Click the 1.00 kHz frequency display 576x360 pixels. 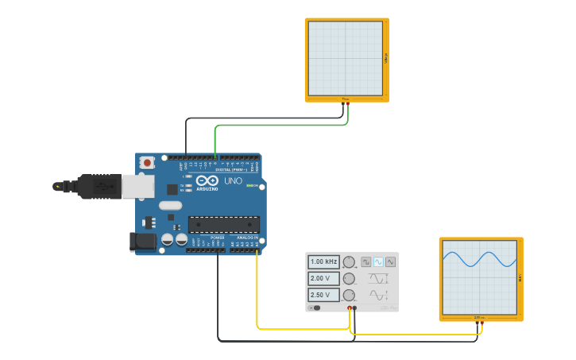323,261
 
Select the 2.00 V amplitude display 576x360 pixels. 323,278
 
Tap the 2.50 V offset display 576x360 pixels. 323,295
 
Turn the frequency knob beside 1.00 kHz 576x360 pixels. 348,261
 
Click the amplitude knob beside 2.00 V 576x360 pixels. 348,278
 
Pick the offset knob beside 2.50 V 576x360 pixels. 348,295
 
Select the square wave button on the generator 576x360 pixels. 366,261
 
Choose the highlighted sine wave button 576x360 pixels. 378,261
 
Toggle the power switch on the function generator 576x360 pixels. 315,308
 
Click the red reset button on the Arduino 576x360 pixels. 146,163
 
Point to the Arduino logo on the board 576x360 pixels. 207,181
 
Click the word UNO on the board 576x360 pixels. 233,181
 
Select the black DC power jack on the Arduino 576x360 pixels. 143,241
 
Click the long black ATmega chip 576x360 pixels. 223,225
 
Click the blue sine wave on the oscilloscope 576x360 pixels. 480,260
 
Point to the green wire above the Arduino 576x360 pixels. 278,125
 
